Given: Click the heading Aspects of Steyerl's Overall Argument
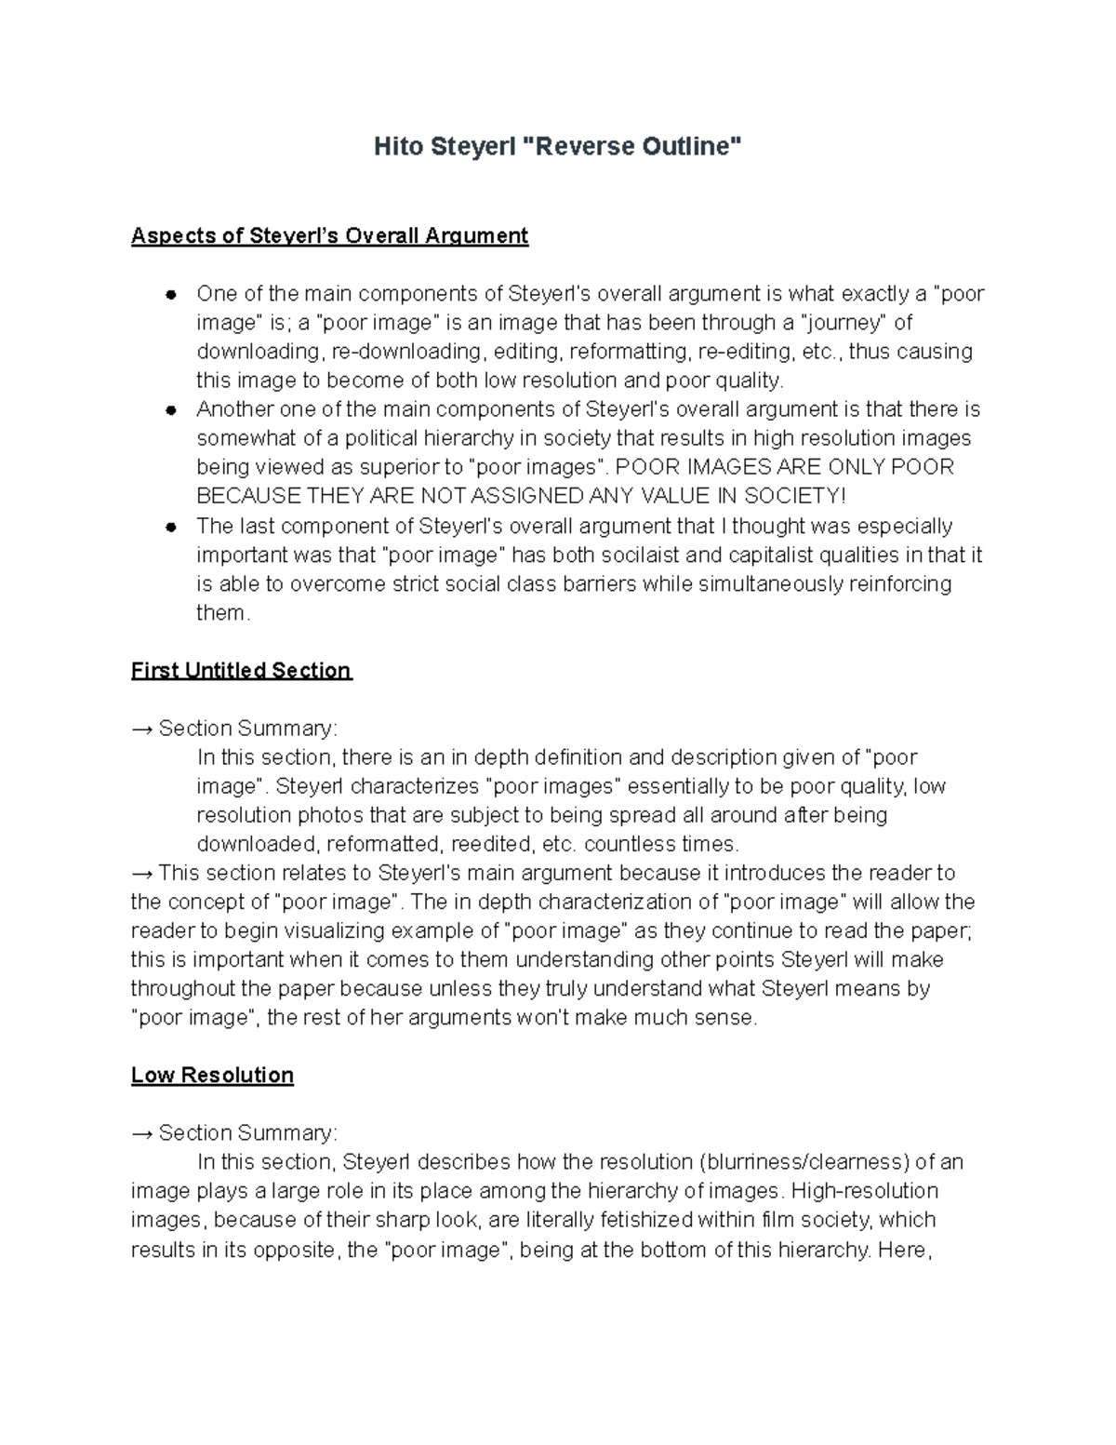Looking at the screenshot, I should [329, 235].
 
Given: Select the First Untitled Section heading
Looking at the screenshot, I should [241, 670].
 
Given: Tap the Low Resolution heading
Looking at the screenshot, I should [212, 1075].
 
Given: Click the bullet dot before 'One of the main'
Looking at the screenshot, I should [171, 295].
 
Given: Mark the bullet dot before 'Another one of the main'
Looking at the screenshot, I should [171, 410].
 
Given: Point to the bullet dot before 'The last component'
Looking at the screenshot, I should [171, 527].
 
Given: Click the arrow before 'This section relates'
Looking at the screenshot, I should [142, 873].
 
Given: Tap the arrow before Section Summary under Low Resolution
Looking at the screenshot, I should [142, 1133].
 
